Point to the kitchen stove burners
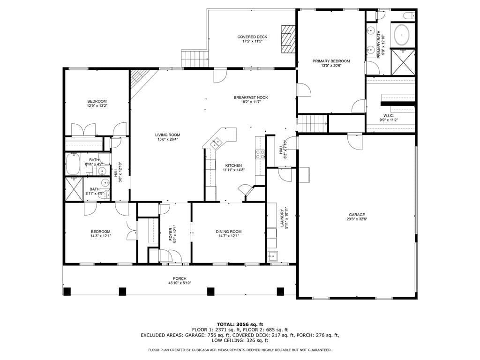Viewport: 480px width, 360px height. click(x=260, y=154)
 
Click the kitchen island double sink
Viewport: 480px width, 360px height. click(x=217, y=142)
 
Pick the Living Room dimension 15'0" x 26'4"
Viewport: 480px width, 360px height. click(x=167, y=139)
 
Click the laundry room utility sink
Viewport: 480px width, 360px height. click(x=272, y=256)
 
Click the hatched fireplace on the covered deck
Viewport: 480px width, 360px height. click(x=288, y=39)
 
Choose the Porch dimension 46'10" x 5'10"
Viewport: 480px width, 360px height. click(x=180, y=283)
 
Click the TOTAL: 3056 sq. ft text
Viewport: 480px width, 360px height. click(x=240, y=324)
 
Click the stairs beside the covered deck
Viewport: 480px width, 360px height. click(x=195, y=59)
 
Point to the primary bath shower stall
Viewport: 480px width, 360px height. click(x=403, y=62)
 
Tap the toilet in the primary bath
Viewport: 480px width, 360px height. click(x=409, y=15)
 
